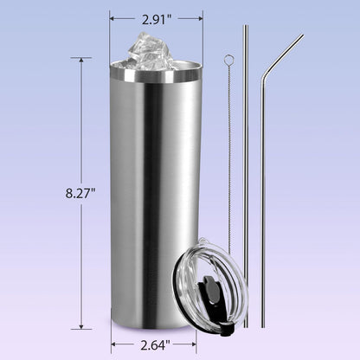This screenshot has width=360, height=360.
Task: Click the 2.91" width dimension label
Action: (157, 19)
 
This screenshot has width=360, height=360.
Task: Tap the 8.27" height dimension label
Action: (80, 193)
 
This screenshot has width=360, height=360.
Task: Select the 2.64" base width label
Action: (156, 345)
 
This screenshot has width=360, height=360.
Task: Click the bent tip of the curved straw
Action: (302, 36)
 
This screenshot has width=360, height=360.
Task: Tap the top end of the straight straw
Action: (246, 26)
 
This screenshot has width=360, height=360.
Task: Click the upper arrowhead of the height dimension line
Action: (81, 60)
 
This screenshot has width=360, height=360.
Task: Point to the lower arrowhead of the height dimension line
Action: (81, 326)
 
